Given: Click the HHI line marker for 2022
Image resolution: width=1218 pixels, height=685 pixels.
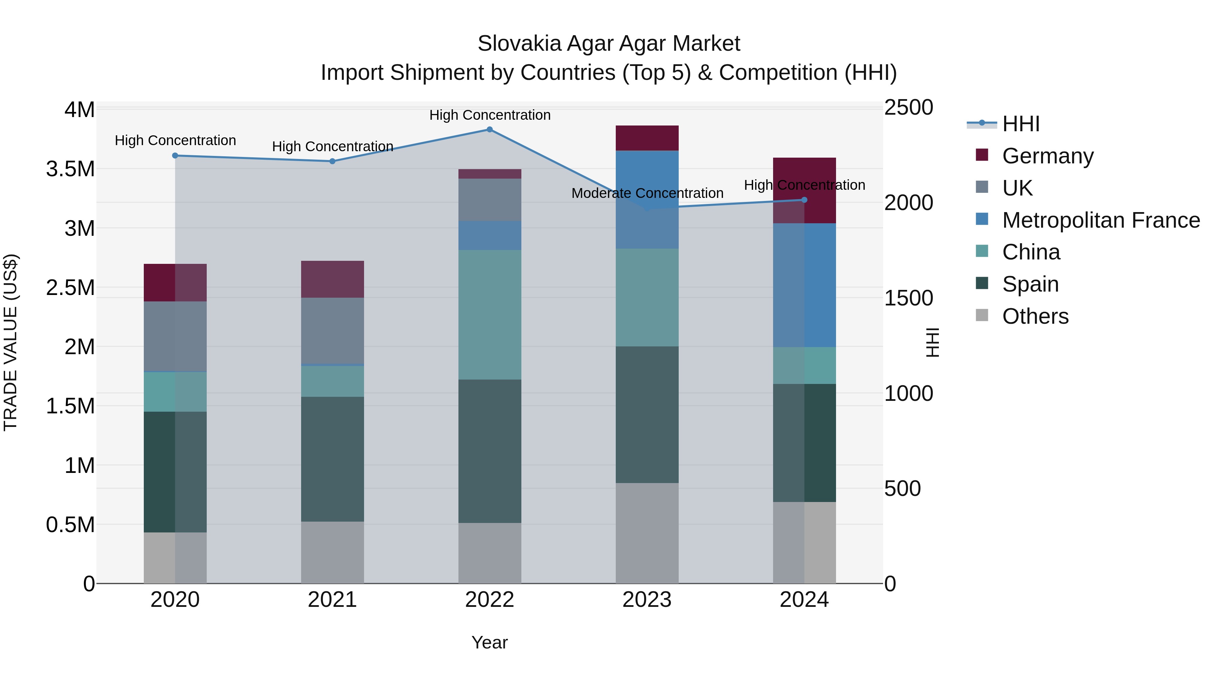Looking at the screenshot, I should (489, 130).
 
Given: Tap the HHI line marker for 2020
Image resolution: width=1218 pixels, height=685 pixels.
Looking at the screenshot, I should (175, 156).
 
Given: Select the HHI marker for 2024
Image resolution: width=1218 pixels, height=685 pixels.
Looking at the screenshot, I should (804, 200).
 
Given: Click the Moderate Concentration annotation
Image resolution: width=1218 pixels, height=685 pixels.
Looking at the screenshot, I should (647, 193).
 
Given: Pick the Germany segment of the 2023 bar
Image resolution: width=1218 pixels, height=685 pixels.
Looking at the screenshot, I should (647, 138).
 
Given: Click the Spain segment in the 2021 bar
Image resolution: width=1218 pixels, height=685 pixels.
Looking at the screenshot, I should (332, 459).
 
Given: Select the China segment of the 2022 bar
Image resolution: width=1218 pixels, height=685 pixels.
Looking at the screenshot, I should (489, 314).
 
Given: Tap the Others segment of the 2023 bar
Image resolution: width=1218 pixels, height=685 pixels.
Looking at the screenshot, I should (647, 533).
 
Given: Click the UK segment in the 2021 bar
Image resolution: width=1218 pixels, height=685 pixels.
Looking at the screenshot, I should (332, 330).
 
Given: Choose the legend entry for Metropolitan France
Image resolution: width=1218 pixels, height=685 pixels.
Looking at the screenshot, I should (1100, 220).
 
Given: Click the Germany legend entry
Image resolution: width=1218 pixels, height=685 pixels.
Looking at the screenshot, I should (1047, 156).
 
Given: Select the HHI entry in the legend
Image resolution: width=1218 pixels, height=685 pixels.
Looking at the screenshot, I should (1020, 124).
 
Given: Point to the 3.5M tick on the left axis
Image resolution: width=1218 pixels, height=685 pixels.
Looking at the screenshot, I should (70, 169).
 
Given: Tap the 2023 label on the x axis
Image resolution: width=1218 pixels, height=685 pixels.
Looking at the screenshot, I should (647, 600).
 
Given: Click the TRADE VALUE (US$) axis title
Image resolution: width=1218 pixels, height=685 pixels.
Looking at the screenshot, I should (10, 342).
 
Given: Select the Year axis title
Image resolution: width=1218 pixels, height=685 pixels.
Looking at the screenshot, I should (489, 642).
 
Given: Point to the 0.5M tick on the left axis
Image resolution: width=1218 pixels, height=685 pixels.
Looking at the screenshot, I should (70, 525).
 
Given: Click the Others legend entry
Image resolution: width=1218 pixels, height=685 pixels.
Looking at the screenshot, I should (1035, 316).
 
